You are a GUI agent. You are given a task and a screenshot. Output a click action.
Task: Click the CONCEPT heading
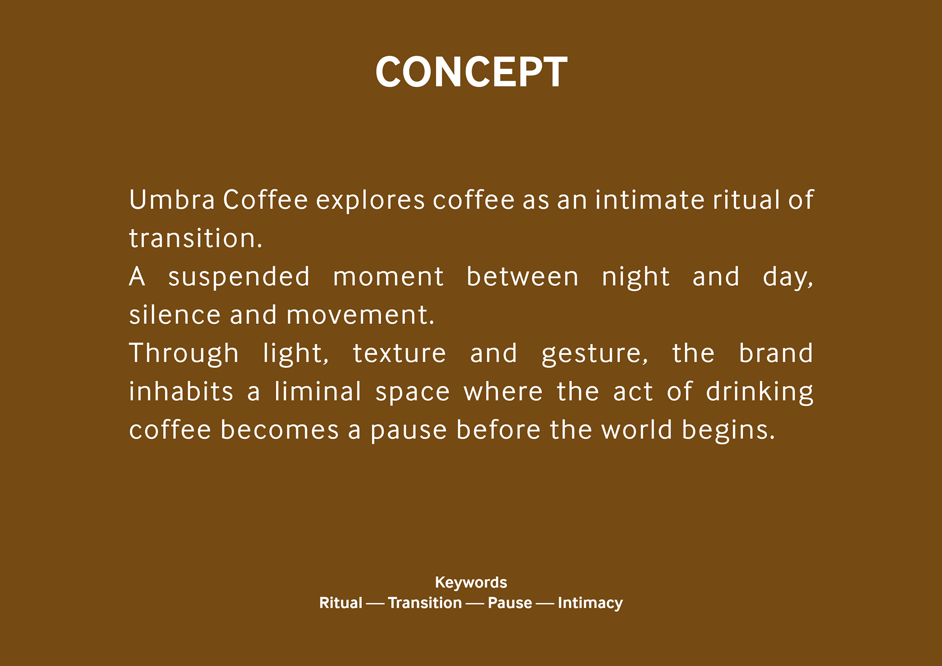pyautogui.click(x=471, y=72)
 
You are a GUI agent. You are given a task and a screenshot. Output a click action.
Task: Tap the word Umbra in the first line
pyautogui.click(x=172, y=200)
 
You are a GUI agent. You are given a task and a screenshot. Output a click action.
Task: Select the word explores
pyautogui.click(x=370, y=201)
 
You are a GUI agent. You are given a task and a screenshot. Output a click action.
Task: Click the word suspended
pyautogui.click(x=239, y=277)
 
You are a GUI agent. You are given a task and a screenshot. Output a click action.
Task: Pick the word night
pyautogui.click(x=635, y=277)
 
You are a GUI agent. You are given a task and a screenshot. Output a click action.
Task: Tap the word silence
pyautogui.click(x=175, y=315)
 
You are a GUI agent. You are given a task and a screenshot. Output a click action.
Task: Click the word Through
pyautogui.click(x=184, y=354)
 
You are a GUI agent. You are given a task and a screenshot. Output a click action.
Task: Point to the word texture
pyautogui.click(x=399, y=354)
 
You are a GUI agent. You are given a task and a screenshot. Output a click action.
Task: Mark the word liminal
pyautogui.click(x=318, y=391)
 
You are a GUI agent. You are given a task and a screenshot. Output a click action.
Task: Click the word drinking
pyautogui.click(x=759, y=392)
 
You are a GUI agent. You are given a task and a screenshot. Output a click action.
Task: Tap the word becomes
pyautogui.click(x=280, y=430)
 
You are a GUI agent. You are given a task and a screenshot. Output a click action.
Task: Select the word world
pyautogui.click(x=637, y=429)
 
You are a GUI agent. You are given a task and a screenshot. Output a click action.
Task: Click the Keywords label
pyautogui.click(x=471, y=583)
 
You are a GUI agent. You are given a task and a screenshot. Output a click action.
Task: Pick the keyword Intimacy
pyautogui.click(x=590, y=603)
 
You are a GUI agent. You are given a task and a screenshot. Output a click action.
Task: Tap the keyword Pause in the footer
pyautogui.click(x=510, y=603)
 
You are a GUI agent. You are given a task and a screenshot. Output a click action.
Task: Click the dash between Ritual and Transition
pyautogui.click(x=375, y=604)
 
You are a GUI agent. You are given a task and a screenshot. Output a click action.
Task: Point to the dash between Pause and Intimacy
pyautogui.click(x=545, y=604)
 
